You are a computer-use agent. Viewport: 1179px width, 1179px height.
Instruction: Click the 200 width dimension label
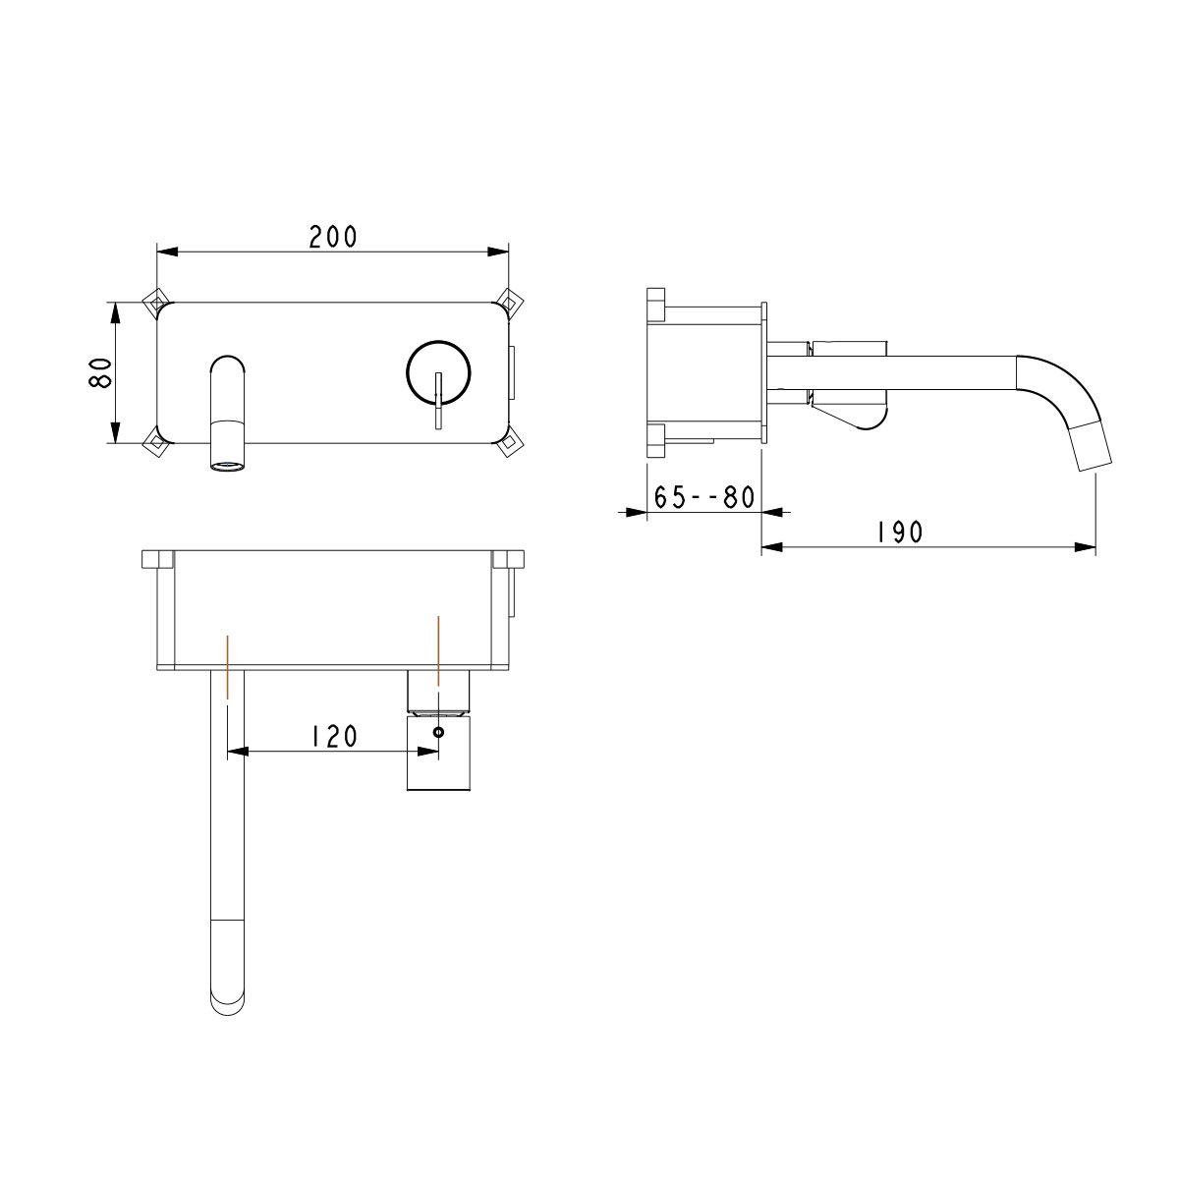coord(332,237)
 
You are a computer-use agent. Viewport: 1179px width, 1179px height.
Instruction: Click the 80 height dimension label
coord(100,372)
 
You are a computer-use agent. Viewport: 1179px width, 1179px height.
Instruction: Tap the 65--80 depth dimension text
coord(704,497)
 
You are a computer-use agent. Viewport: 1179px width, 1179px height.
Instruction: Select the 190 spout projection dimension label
coord(899,533)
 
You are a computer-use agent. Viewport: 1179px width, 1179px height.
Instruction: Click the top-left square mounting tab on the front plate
coord(155,301)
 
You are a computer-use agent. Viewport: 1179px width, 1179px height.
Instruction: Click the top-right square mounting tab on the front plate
coord(509,301)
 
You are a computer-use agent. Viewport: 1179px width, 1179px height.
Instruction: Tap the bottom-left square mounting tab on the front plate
coord(155,443)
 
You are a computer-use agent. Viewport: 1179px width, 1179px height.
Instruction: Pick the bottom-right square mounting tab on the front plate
coord(509,443)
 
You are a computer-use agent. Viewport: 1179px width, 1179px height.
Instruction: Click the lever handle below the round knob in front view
coord(438,401)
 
